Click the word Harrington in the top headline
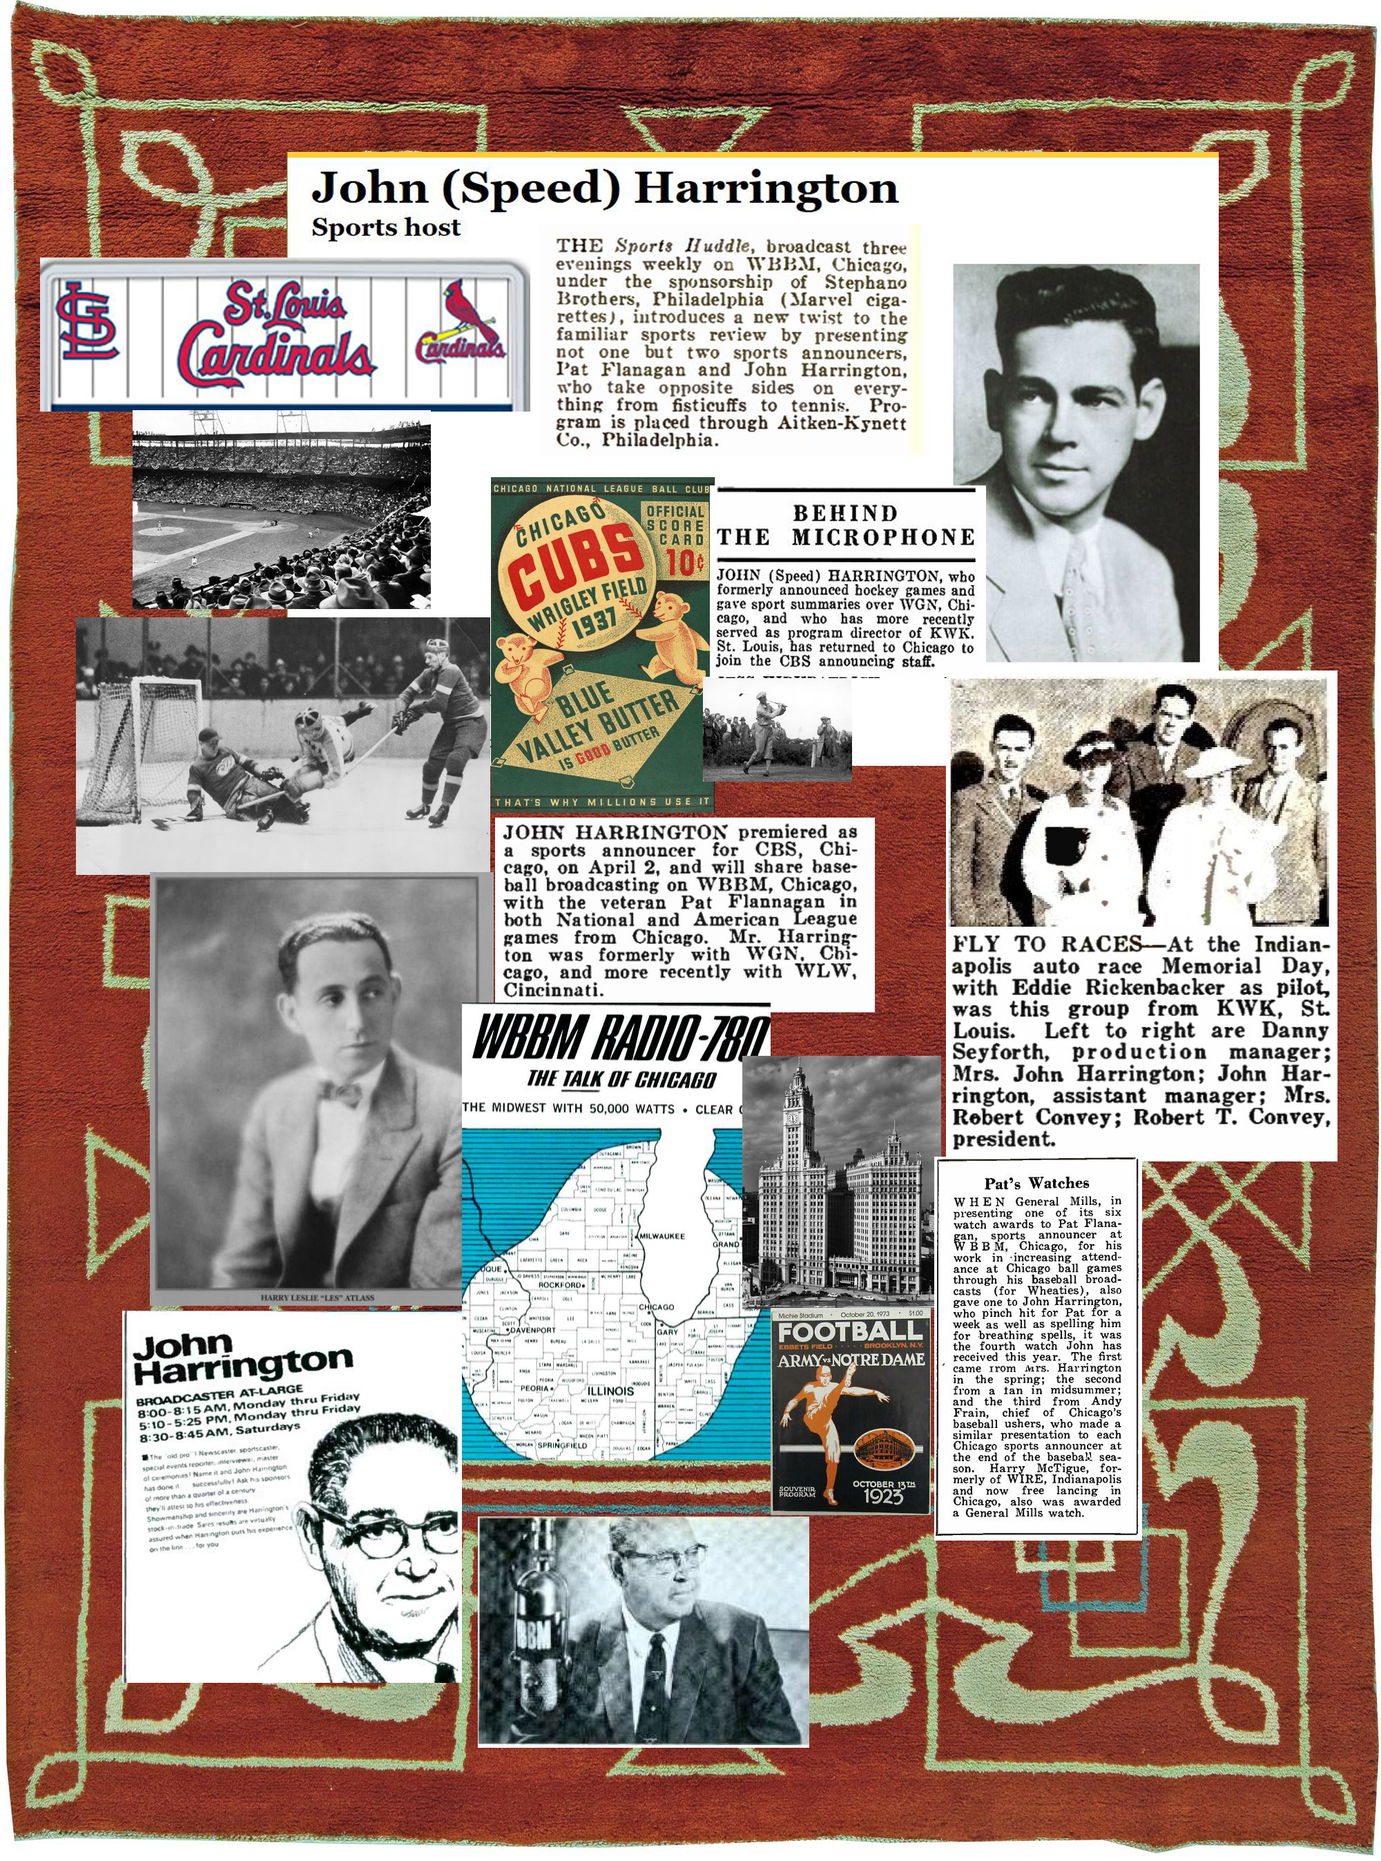pos(766,189)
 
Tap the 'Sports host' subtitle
pos(385,227)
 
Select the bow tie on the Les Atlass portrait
pos(338,1092)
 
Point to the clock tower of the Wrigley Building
pos(793,1120)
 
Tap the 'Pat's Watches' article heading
pos(1036,1183)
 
